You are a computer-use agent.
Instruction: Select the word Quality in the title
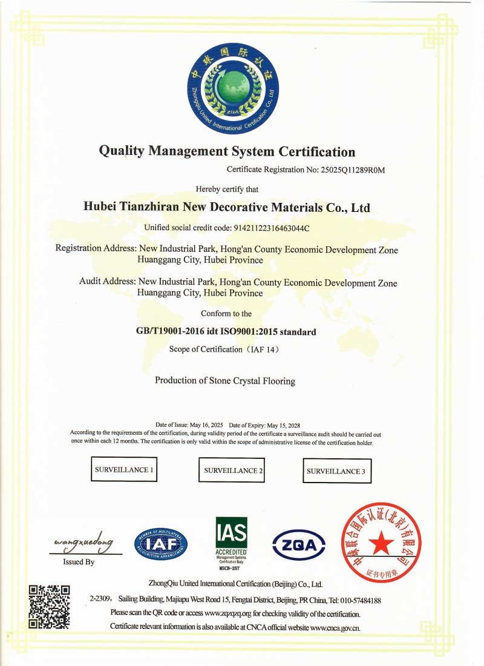coord(119,151)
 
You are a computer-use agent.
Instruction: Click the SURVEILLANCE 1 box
coord(124,469)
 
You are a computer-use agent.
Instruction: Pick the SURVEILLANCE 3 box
coord(336,470)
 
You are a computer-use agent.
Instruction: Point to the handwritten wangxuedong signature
coord(83,544)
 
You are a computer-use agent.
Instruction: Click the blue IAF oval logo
coord(160,543)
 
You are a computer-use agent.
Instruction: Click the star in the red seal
coord(382,544)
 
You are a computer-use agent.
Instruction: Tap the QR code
coord(50,605)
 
